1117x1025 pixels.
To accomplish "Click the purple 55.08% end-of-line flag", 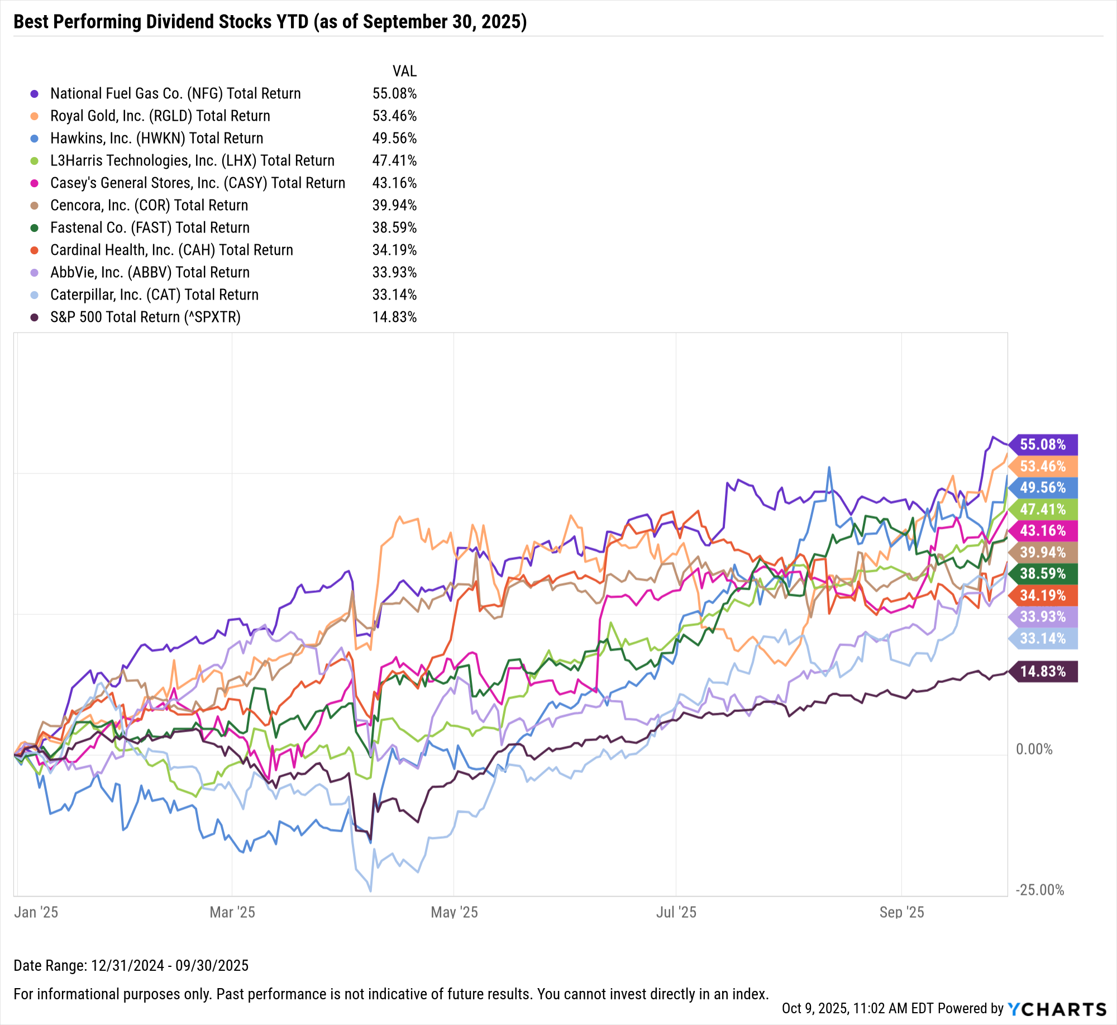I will click(1043, 444).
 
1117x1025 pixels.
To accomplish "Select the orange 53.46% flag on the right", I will click(1043, 466).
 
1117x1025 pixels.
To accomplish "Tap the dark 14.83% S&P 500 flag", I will click(1043, 671).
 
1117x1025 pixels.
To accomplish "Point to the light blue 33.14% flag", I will click(1043, 638).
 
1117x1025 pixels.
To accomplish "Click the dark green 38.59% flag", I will click(1043, 573).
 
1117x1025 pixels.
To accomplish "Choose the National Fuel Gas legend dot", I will click(35, 94).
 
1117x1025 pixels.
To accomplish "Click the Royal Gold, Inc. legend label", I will click(160, 116).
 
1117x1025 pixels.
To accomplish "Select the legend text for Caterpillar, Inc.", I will click(154, 295).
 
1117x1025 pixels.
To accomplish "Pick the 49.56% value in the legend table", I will click(394, 138).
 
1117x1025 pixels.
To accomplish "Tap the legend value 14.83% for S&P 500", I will click(394, 317).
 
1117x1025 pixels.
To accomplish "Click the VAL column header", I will click(404, 72).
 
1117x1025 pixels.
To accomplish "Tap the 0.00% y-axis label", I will click(1034, 749).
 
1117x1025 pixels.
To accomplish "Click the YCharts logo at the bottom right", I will click(1057, 1009).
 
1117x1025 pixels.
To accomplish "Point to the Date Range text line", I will click(131, 966).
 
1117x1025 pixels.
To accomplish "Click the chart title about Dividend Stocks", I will click(270, 22).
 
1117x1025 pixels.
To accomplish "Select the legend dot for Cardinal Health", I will click(35, 250).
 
